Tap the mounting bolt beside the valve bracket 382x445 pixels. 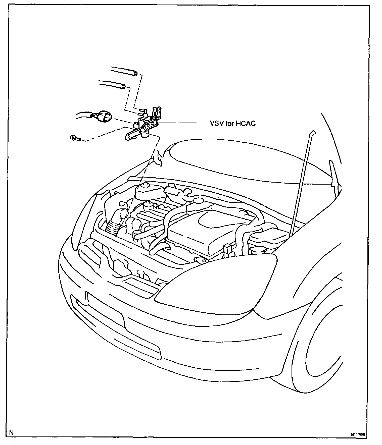pyautogui.click(x=75, y=138)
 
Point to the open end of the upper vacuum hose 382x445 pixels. pyautogui.click(x=135, y=74)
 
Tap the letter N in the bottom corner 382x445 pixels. pyautogui.click(x=11, y=425)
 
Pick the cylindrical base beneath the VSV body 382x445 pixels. pyautogui.click(x=145, y=135)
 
